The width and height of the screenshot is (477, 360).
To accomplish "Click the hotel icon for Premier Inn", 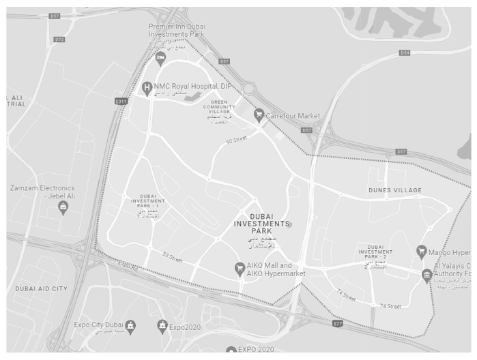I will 160,57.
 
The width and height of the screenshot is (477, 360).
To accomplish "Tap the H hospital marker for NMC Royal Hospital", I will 146,87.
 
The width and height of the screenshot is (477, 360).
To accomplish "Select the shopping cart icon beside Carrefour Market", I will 259,115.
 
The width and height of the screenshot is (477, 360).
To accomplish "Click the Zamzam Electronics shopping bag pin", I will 63,207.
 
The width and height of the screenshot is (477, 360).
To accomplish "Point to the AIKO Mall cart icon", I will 240,268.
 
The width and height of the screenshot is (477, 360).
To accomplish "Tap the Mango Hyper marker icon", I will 422,251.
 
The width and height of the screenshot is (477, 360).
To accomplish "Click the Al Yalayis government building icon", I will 427,275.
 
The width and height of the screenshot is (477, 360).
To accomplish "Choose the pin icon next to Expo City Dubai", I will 130,326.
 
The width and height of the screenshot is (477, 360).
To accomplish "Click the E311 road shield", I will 121,102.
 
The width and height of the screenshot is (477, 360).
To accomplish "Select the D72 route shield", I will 59,40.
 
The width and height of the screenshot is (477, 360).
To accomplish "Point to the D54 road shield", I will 405,52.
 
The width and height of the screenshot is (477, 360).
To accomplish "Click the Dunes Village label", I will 394,190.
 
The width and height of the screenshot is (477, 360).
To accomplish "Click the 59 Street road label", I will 173,257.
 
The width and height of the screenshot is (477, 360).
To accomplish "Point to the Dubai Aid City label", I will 41,289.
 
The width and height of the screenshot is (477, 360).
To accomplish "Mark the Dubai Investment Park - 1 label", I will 148,202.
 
